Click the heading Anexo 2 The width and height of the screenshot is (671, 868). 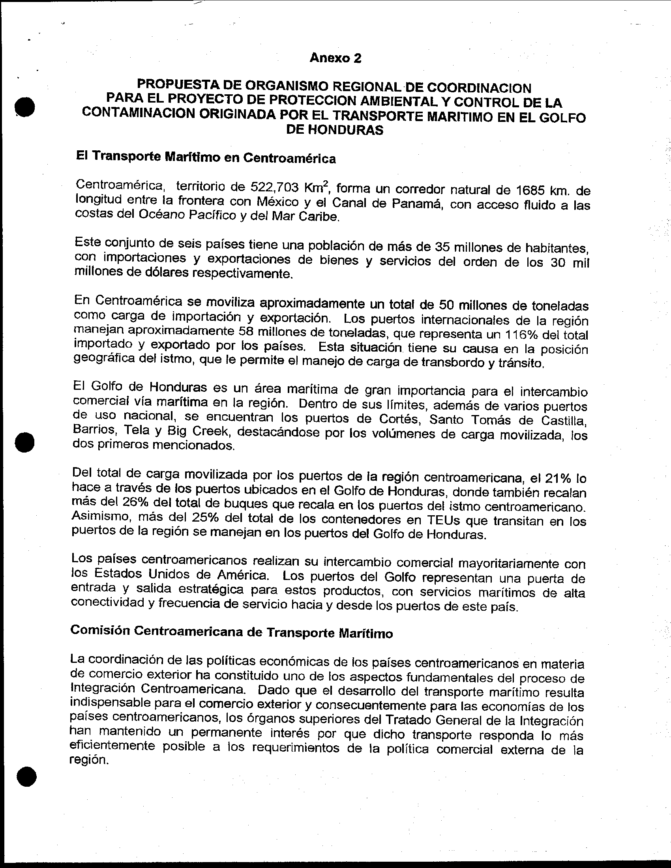click(335, 58)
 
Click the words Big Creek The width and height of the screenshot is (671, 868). click(195, 431)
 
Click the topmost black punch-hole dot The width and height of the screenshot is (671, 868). click(24, 107)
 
